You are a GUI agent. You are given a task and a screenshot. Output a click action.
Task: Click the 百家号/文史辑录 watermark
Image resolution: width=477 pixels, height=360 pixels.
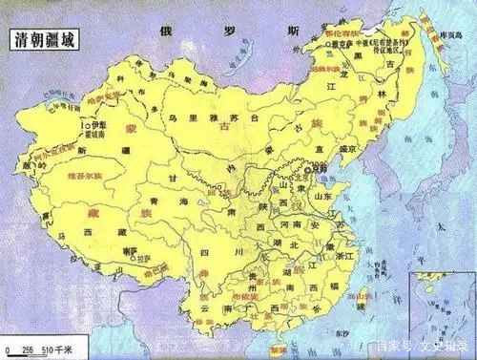click(x=420, y=346)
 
